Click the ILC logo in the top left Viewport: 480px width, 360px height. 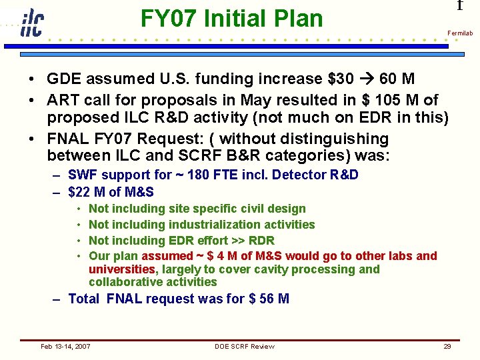click(31, 23)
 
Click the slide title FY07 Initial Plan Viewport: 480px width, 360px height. click(231, 19)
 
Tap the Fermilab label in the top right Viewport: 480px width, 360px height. click(459, 33)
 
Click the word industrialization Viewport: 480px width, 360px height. click(211, 225)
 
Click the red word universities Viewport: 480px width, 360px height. click(121, 269)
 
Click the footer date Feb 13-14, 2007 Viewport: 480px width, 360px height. click(66, 346)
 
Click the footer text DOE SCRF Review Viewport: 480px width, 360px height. click(244, 346)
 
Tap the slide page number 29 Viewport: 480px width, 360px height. click(447, 346)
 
